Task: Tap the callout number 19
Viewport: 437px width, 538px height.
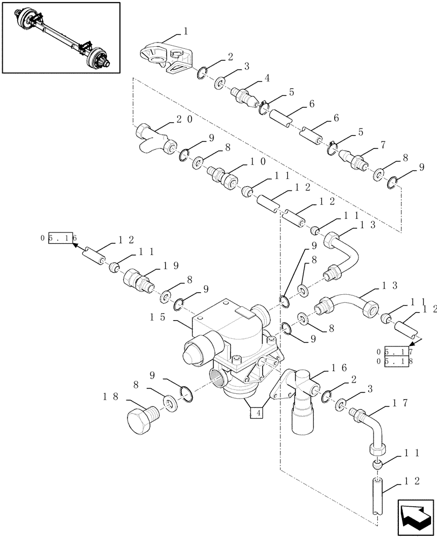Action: coord(171,265)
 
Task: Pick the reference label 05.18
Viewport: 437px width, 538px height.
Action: coord(395,362)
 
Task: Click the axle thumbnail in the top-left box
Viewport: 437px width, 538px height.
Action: coord(60,37)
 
